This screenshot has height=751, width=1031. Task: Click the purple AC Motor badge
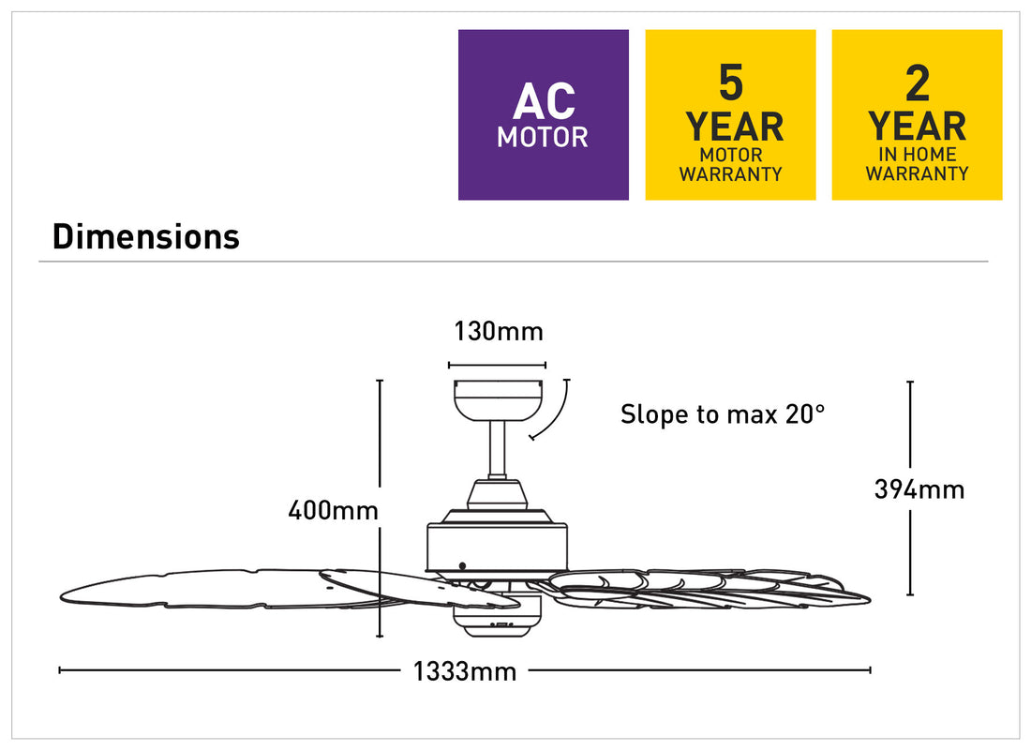point(543,114)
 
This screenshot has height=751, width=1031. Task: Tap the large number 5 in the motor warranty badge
point(730,83)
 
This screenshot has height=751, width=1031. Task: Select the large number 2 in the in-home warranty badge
point(918,83)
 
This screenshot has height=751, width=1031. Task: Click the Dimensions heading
point(146,236)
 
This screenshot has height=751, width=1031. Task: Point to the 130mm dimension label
point(499,331)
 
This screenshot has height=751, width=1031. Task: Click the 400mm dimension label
point(333,510)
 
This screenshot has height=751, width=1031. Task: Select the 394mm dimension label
point(919,489)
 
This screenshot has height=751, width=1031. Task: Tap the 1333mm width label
point(464,671)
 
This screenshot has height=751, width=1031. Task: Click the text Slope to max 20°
point(723,413)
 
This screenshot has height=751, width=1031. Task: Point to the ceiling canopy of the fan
point(498,400)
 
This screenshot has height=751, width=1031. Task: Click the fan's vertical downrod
point(497,450)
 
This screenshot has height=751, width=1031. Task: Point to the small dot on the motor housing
point(462,566)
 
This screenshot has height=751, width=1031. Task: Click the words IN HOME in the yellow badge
point(918,155)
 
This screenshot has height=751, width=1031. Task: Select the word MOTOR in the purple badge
point(543,138)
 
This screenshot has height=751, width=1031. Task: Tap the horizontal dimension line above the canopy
point(497,365)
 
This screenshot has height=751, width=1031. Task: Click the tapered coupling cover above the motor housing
point(497,494)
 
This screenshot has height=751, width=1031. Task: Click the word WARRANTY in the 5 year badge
point(730,174)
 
